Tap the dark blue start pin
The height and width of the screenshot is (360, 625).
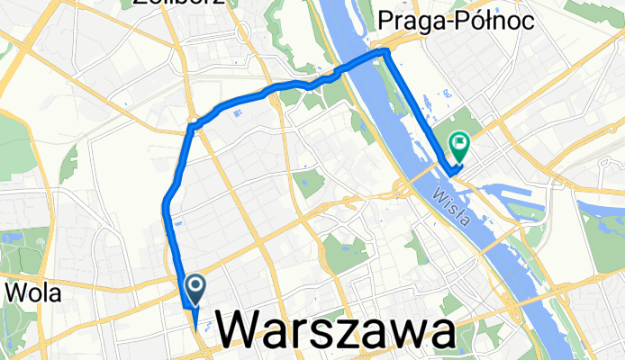click(x=195, y=288)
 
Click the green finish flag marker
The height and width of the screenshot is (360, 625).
click(x=460, y=142)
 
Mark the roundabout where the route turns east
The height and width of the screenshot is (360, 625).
click(x=193, y=127)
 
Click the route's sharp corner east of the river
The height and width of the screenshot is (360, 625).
click(x=386, y=53)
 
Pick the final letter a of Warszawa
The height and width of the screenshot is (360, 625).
click(x=440, y=331)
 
